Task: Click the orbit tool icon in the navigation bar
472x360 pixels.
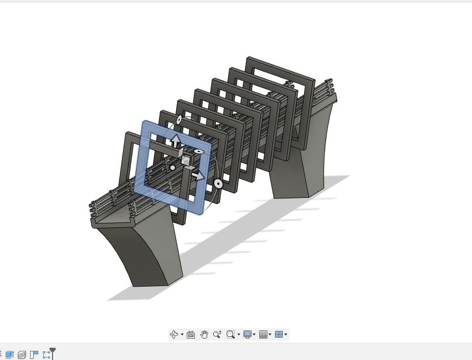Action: tap(174, 335)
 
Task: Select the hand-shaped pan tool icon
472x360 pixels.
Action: tap(204, 335)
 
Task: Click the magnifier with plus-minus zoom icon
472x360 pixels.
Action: tap(217, 335)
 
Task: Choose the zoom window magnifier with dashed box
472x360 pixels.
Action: tap(231, 335)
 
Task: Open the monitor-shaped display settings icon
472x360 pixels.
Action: tap(247, 335)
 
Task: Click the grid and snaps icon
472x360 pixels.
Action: tap(263, 335)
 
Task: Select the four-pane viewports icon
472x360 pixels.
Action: tap(279, 335)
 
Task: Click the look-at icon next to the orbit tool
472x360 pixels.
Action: tap(191, 335)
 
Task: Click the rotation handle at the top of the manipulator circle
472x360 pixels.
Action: tap(179, 120)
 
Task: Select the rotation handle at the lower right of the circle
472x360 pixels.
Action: tap(218, 183)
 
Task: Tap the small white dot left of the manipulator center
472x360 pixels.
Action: tap(173, 167)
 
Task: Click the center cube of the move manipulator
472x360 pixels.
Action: tap(186, 161)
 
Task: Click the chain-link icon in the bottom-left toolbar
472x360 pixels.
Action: tap(22, 354)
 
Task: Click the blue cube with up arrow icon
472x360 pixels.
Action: tap(9, 354)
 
